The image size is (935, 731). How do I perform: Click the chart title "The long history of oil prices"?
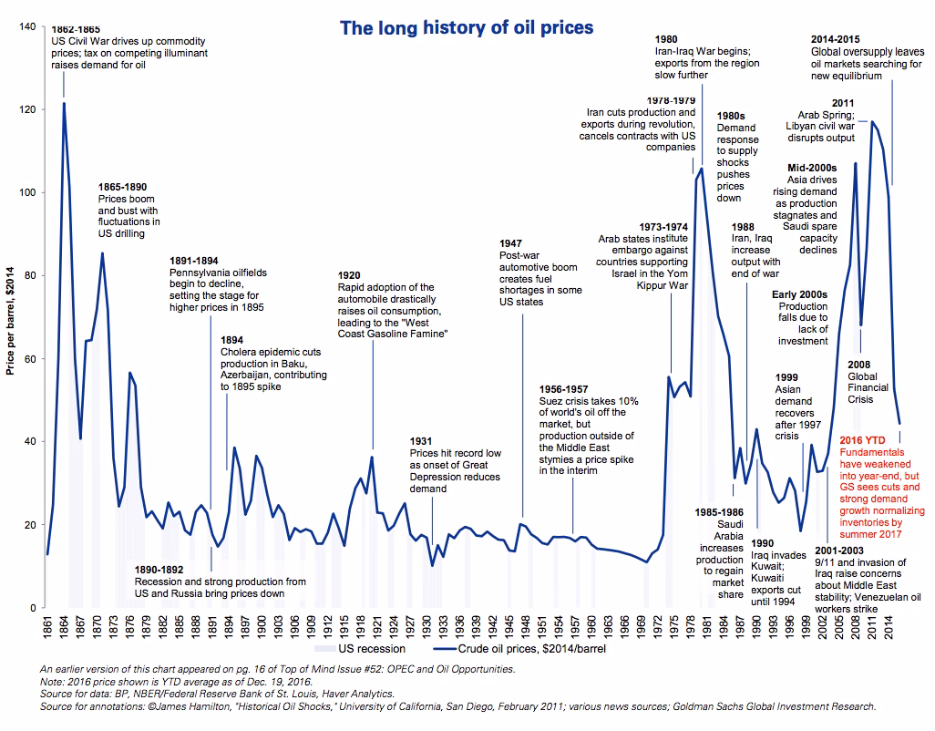pos(467,27)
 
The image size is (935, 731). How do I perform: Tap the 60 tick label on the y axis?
pos(27,359)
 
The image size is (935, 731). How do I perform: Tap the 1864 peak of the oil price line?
pos(64,103)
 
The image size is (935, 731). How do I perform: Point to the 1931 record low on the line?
pos(432,566)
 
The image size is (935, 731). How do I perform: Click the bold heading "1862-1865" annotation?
pos(76,29)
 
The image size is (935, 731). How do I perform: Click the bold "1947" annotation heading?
pos(512,244)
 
